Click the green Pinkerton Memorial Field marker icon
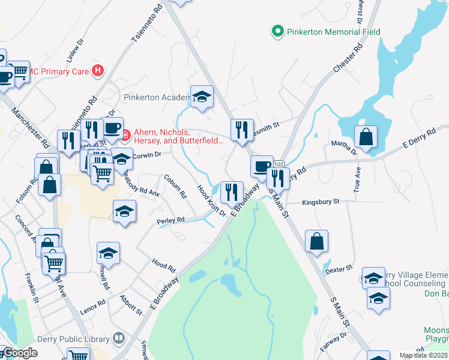(x=277, y=31)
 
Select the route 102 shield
(x=279, y=164)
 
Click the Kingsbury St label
(x=321, y=202)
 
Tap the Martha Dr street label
(x=345, y=148)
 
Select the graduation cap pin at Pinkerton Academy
(x=202, y=97)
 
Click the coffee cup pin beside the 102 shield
(x=261, y=166)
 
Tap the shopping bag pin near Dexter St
(x=317, y=241)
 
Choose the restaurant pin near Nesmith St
(x=242, y=130)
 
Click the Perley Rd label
(x=170, y=221)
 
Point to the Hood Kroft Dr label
(x=211, y=200)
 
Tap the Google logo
(x=19, y=353)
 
